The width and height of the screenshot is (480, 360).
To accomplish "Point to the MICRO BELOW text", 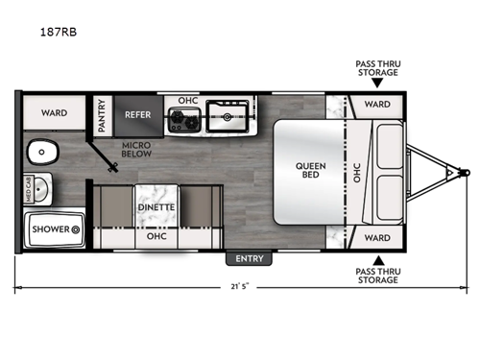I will (134, 150).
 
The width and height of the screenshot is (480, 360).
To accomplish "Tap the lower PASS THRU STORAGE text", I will (377, 276).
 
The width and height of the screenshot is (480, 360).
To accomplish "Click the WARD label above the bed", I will (376, 104).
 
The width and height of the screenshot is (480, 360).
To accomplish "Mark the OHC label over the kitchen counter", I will (187, 101).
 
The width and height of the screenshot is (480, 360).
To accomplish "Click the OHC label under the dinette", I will (153, 235).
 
